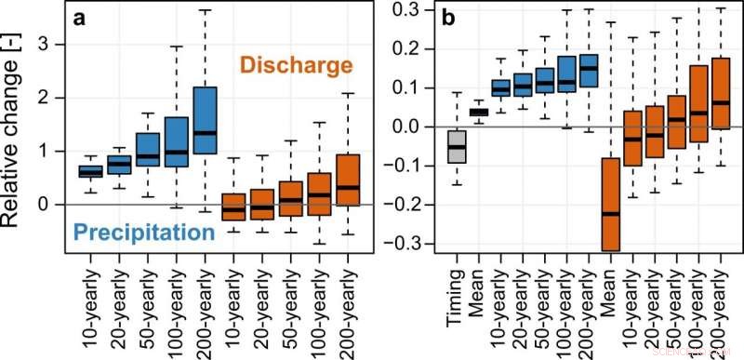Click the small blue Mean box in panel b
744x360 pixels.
(x=478, y=113)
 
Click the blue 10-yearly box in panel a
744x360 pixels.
(x=90, y=171)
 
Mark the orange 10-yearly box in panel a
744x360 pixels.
(x=234, y=207)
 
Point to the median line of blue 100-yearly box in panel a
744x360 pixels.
(x=176, y=152)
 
